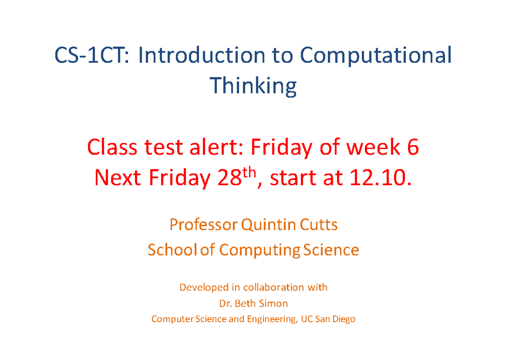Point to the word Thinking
254,87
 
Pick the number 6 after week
413,148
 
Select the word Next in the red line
117,179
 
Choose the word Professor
204,225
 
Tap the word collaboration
274,287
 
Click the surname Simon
275,304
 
